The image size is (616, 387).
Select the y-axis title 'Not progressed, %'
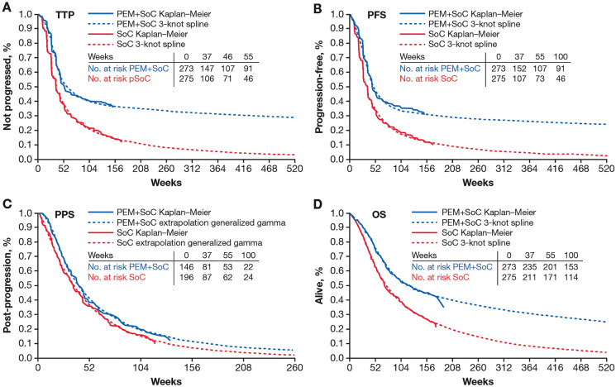tap(7, 87)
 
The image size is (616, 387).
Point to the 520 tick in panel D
tap(606, 368)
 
